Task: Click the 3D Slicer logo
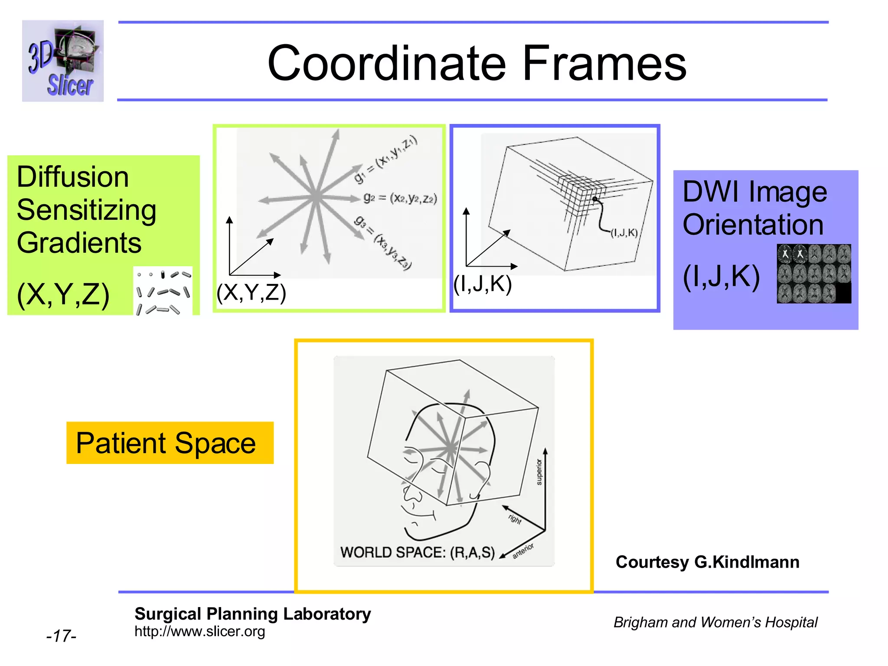[63, 61]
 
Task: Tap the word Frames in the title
[604, 63]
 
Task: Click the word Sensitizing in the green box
[86, 210]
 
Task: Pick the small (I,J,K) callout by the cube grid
[624, 233]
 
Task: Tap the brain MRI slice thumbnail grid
[813, 274]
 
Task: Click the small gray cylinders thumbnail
[163, 291]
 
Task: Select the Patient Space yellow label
[170, 443]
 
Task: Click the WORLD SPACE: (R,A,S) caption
[417, 552]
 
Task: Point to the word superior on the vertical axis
[539, 472]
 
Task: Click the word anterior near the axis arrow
[523, 551]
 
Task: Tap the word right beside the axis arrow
[515, 519]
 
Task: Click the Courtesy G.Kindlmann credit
[707, 562]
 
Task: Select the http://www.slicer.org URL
[199, 631]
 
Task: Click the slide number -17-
[61, 636]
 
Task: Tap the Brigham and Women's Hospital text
[715, 622]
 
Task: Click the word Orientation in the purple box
[753, 225]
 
